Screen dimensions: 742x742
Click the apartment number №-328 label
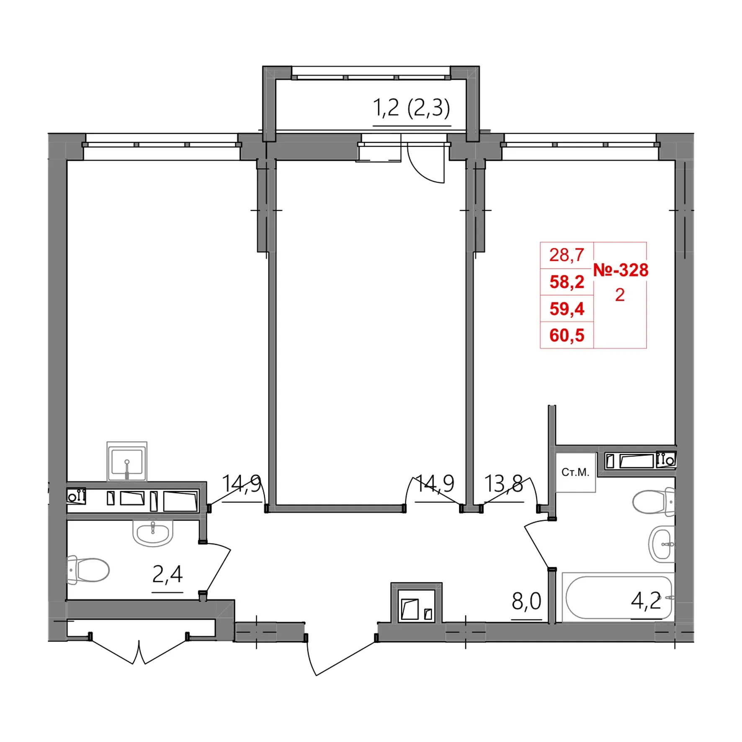click(x=621, y=270)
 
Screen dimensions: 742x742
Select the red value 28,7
click(x=567, y=255)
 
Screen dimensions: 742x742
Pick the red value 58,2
click(x=567, y=282)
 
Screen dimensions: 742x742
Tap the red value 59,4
click(x=567, y=309)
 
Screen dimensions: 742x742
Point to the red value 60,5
click(x=567, y=335)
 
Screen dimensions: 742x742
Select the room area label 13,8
click(x=504, y=484)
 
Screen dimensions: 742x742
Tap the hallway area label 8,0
click(x=526, y=601)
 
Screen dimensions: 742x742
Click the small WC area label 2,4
click(x=167, y=574)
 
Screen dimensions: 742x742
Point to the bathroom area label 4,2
click(x=646, y=601)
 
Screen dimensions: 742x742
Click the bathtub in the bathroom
click(x=618, y=598)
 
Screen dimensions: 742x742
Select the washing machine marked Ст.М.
click(x=575, y=472)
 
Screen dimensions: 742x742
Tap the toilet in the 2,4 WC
click(x=88, y=569)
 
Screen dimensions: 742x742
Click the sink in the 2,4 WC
click(x=153, y=533)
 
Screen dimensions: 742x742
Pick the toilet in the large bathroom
click(x=654, y=502)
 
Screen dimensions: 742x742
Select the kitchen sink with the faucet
click(x=127, y=461)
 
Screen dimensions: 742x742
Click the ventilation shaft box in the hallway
click(x=417, y=603)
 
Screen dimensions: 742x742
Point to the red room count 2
click(x=620, y=295)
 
